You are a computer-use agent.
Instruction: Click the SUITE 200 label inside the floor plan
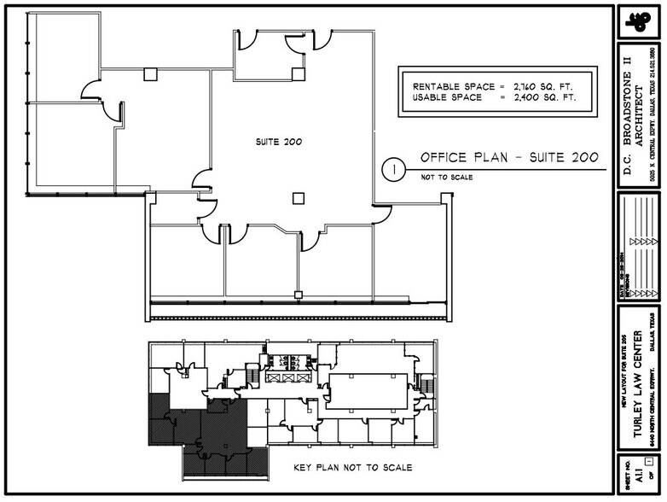(x=280, y=141)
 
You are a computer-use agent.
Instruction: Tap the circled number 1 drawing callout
(x=393, y=169)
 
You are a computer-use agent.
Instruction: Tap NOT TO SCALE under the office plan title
(x=446, y=178)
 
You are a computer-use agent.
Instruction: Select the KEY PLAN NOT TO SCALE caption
(x=352, y=468)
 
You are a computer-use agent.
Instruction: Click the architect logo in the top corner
(x=637, y=23)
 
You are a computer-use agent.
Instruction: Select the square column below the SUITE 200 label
(x=298, y=198)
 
